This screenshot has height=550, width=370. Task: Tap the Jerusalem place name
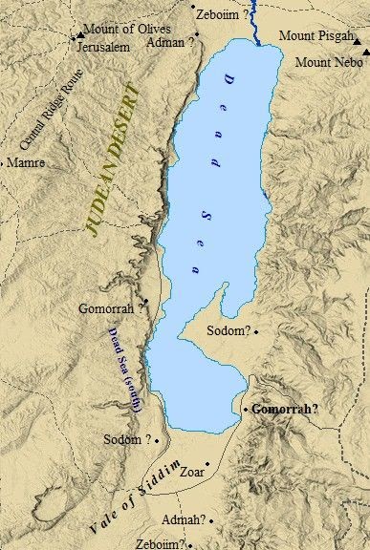[102, 46]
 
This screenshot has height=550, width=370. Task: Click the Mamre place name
[26, 163]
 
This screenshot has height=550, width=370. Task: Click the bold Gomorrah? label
[285, 408]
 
